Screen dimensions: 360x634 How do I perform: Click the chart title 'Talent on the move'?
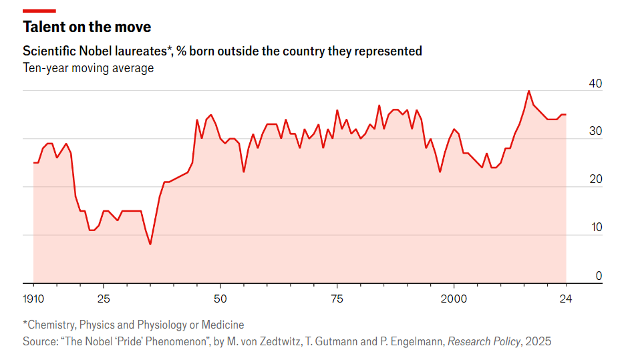(x=87, y=27)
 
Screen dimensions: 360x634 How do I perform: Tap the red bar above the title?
(x=39, y=11)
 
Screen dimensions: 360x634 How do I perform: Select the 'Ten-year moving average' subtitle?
(x=88, y=68)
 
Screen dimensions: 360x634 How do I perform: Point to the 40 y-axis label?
(x=595, y=83)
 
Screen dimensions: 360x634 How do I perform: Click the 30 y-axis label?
(x=595, y=132)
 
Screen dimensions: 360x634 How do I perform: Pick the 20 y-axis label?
(x=595, y=180)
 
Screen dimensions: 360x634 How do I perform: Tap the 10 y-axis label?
(x=595, y=228)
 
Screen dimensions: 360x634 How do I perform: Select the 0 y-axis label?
(x=599, y=276)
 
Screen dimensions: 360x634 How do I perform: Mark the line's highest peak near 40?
(x=528, y=91)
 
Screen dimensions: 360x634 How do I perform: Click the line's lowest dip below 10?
(x=150, y=244)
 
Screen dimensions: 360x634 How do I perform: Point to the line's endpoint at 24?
(x=566, y=115)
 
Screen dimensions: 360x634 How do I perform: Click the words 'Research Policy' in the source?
(x=484, y=341)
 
